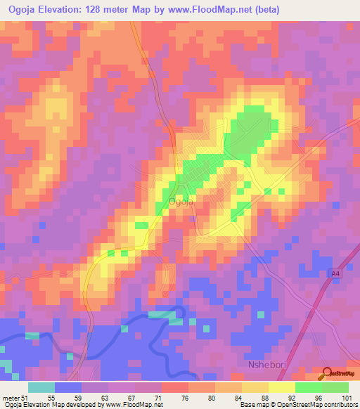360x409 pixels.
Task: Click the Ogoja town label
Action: pos(181,202)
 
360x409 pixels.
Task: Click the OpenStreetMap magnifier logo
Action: pos(328,373)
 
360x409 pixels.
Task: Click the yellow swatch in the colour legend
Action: pos(281,387)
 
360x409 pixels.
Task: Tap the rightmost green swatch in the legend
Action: pos(335,387)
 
